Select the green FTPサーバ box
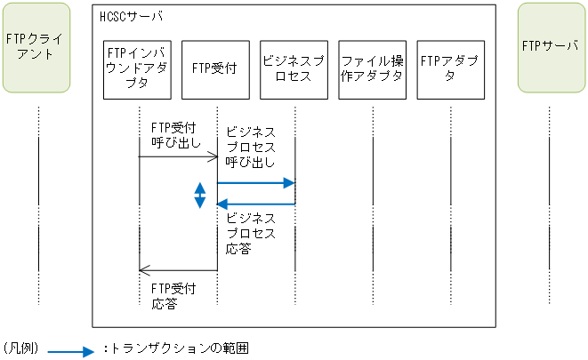click(550, 48)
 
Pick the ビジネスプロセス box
click(294, 68)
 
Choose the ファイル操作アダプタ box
click(373, 68)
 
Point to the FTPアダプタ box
click(450, 68)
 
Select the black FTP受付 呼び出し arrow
click(178, 157)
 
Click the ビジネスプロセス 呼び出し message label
click(252, 147)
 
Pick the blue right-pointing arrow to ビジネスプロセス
click(256, 183)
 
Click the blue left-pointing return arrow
click(256, 204)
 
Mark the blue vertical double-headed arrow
click(201, 195)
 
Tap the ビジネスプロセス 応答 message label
click(252, 233)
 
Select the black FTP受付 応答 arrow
click(178, 270)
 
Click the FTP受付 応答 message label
click(173, 296)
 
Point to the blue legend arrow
click(70, 351)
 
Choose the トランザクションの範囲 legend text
click(179, 349)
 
